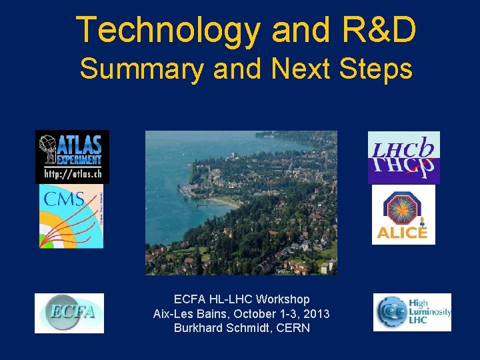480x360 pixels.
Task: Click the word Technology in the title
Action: tap(168, 30)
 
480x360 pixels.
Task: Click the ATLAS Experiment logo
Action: tap(72, 149)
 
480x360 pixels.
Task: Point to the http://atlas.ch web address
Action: tap(72, 175)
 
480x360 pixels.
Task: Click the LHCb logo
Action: tap(404, 157)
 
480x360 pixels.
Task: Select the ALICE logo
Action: tap(403, 215)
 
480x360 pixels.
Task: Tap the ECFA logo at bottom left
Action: tap(69, 313)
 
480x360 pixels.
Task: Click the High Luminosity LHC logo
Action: tap(412, 312)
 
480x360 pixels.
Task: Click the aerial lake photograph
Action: tap(241, 203)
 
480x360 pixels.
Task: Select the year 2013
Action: tap(317, 314)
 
